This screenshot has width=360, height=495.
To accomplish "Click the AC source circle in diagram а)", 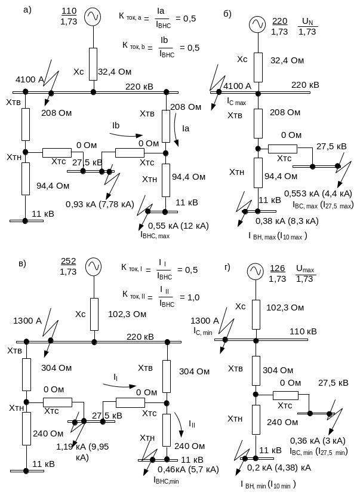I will tap(93, 17).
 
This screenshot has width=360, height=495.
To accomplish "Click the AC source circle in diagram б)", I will tap(257, 24).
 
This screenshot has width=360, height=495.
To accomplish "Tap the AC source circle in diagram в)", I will tap(93, 267).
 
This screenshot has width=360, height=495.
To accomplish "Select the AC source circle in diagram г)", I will tap(256, 272).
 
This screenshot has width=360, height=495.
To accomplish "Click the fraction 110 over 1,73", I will tap(69, 17).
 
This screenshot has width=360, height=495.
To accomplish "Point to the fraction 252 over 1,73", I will tap(69, 267).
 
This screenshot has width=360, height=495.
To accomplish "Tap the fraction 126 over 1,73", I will tap(278, 273).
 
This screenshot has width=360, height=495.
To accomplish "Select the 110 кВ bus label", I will tap(303, 331).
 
